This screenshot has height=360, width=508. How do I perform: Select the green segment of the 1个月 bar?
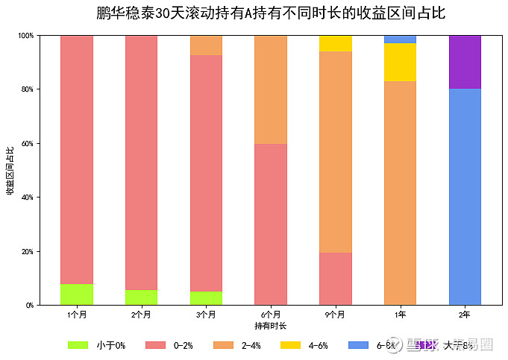[x=77, y=294]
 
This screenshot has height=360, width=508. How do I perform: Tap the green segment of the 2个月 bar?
[x=141, y=297]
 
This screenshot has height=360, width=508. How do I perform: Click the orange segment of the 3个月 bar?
[x=206, y=45]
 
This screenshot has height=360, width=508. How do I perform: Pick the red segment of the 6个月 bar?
[x=271, y=224]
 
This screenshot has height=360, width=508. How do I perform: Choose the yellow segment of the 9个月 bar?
[x=335, y=43]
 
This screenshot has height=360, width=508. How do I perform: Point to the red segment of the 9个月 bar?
[x=335, y=278]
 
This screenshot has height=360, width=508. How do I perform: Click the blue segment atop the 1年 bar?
[x=400, y=39]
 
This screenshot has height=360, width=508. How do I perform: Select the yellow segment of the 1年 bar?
[x=400, y=62]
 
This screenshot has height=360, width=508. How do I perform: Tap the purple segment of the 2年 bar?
[x=465, y=62]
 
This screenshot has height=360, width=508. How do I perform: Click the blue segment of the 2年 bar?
[x=465, y=197]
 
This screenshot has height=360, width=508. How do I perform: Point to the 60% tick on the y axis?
[x=26, y=143]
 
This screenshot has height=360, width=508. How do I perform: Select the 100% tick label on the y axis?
[x=25, y=35]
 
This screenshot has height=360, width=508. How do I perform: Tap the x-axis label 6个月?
[x=271, y=315]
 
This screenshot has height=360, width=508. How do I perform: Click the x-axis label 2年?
[x=465, y=315]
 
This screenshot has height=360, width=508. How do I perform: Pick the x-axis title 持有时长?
[x=270, y=326]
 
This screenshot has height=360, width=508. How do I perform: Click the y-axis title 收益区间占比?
[x=10, y=170]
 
